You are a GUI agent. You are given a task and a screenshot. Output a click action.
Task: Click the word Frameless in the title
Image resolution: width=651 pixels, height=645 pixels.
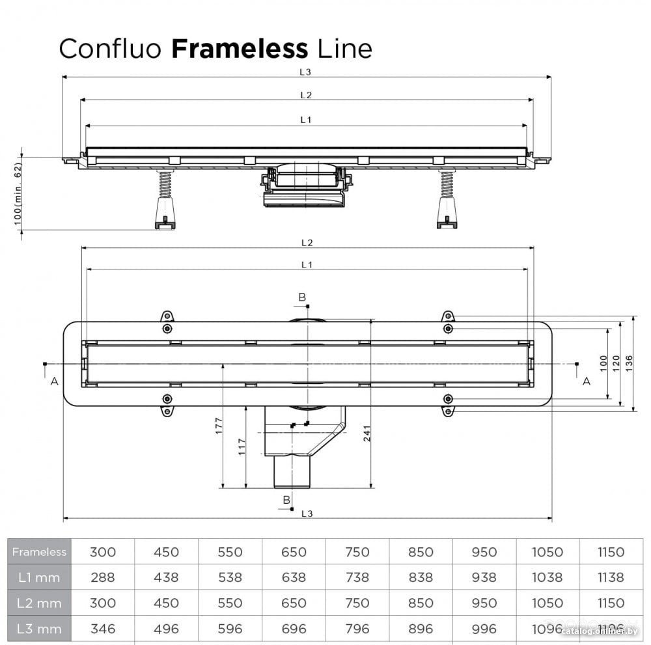pos(240,49)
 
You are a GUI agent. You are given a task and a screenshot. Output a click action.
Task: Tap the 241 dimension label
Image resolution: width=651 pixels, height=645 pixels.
pos(367,437)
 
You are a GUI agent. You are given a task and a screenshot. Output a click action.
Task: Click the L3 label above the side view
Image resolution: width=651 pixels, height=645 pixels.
pos(307,72)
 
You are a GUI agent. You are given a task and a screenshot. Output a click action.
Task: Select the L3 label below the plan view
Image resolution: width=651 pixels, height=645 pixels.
pos(307,514)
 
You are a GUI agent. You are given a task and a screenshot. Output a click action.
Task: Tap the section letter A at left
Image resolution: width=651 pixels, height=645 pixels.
pos(54,381)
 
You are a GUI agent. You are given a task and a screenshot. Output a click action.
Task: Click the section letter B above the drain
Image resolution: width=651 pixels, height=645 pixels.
pos(302,297)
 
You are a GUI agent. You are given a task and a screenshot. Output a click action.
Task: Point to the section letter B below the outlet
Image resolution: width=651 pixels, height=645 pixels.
pos(286,499)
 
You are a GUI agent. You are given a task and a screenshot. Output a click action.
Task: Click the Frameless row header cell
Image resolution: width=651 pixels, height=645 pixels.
pos(39,552)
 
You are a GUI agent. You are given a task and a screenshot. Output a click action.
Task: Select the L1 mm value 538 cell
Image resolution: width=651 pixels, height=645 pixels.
pos(230,577)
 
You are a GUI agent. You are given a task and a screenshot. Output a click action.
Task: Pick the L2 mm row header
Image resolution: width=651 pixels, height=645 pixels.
pos(39,603)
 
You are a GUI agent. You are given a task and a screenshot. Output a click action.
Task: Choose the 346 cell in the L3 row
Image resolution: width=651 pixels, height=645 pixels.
pos(103,628)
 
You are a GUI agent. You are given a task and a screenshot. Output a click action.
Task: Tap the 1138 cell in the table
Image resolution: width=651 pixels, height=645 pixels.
pos(611,577)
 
